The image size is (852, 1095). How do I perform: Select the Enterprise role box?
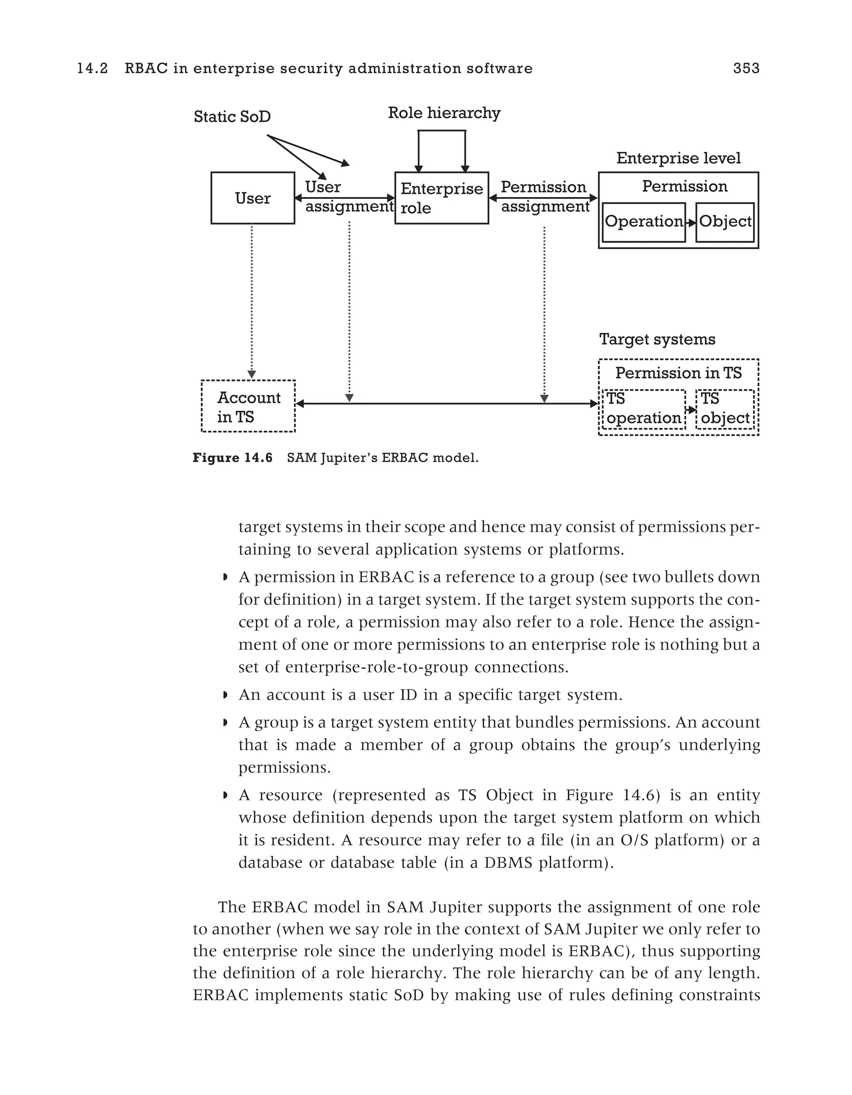tap(441, 198)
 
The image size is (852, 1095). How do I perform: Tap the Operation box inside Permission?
tap(644, 222)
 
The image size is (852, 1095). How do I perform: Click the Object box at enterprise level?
tap(725, 222)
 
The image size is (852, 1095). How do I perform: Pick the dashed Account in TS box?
tap(248, 407)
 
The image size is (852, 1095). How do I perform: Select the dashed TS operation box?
tap(644, 409)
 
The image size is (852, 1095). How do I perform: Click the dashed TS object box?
tap(725, 409)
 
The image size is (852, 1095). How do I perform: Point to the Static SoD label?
tap(232, 117)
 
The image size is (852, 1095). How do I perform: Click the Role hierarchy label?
tap(444, 113)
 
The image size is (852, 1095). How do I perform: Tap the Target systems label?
tap(657, 339)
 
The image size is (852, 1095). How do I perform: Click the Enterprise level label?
tap(678, 158)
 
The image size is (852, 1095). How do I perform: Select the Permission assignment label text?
tap(545, 197)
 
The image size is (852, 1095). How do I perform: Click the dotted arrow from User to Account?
tap(252, 301)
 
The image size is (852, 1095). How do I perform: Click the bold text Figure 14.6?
tap(233, 458)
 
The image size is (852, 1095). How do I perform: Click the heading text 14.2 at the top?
tap(92, 68)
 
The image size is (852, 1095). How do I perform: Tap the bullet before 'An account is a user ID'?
tap(225, 695)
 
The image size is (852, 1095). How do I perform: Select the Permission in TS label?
tap(678, 373)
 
